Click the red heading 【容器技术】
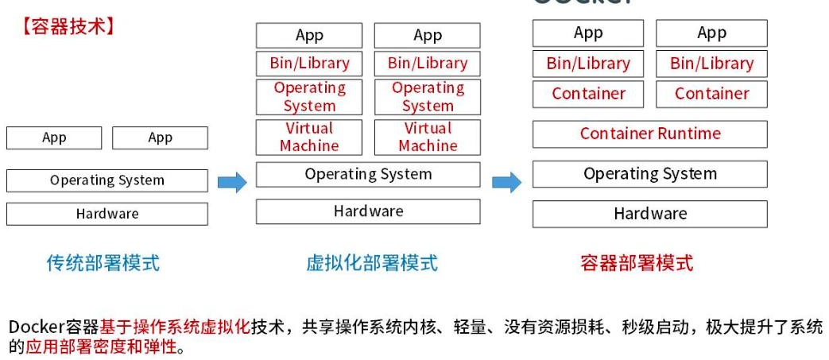[68, 26]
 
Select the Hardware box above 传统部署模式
[107, 214]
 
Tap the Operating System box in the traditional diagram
[107, 180]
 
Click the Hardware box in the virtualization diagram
[368, 211]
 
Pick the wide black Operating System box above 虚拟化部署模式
[368, 174]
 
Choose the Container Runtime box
[649, 134]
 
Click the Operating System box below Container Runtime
[649, 174]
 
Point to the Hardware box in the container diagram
[649, 214]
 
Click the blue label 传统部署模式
[103, 263]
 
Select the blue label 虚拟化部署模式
[372, 263]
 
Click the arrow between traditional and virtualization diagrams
[232, 182]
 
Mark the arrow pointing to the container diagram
[506, 182]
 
